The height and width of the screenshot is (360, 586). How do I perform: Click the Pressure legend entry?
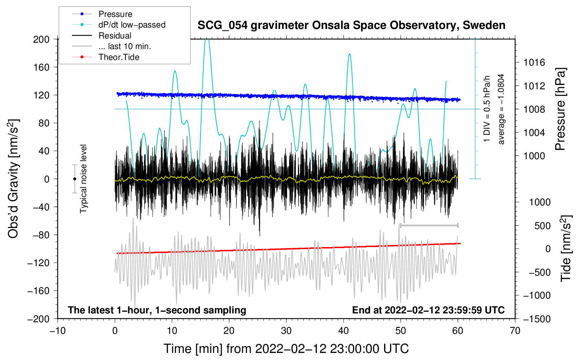point(115,14)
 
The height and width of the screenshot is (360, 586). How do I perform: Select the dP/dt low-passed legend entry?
point(132,25)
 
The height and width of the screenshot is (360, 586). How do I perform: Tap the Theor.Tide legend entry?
point(119,57)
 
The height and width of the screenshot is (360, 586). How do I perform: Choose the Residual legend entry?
point(115,36)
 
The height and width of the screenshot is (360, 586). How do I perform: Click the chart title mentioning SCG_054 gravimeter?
point(351,25)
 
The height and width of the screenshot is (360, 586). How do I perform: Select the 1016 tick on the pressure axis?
point(534,63)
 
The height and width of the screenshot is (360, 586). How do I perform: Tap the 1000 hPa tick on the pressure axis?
point(534,156)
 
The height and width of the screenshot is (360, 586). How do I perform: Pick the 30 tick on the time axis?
point(286,331)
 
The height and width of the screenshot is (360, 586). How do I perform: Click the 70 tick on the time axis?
point(515,331)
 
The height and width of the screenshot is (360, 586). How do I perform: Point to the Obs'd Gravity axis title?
point(13,179)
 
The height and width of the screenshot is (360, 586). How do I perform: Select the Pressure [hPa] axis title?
point(560,109)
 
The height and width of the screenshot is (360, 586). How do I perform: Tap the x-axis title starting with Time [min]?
point(286,349)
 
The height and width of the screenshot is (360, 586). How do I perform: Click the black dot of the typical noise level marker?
point(74,179)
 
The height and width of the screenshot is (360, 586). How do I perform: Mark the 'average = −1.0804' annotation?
point(501,109)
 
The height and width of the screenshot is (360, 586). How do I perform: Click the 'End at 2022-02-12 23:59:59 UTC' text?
point(428,310)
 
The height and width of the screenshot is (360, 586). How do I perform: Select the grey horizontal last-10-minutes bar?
point(429,226)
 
